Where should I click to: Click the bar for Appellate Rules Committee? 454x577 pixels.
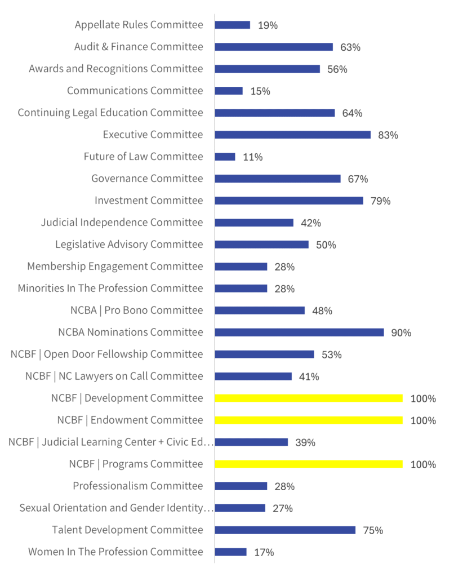232,25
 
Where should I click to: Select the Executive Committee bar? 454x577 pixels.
292,135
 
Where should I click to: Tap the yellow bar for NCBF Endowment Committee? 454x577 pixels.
309,420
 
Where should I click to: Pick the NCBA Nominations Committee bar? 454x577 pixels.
299,332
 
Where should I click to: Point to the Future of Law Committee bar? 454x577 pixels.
225,157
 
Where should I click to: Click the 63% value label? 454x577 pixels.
350,47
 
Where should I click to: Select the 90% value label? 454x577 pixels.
401,333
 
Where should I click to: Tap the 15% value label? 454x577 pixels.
260,91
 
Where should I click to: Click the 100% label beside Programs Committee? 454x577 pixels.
423,465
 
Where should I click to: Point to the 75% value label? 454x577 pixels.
373,531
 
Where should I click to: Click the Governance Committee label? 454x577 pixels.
147,179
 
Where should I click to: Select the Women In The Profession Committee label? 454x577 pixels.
115,552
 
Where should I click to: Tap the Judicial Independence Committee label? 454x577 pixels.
122,223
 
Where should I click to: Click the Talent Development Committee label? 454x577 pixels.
127,530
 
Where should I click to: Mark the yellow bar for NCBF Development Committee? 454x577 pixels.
309,398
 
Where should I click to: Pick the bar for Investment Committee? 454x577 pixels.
289,201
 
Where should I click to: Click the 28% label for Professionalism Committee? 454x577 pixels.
284,487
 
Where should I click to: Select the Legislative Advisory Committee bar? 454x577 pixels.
261,245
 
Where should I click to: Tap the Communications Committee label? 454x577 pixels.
135,91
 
